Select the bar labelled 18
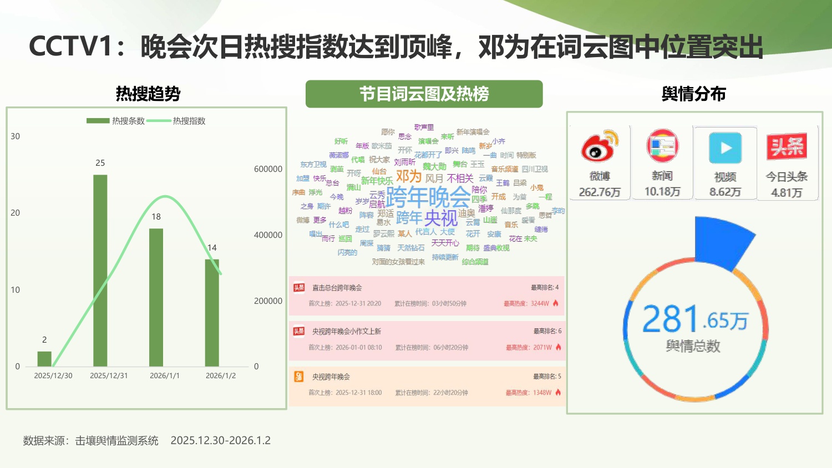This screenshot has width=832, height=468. pyautogui.click(x=156, y=297)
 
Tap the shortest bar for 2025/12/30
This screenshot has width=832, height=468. pyautogui.click(x=44, y=359)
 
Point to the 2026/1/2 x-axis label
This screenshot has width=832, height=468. pyautogui.click(x=221, y=375)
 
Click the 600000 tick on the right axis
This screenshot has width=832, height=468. pyautogui.click(x=268, y=169)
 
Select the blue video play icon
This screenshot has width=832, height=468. pyautogui.click(x=725, y=148)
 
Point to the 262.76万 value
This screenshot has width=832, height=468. pyautogui.click(x=600, y=192)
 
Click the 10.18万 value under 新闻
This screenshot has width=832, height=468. pyautogui.click(x=662, y=192)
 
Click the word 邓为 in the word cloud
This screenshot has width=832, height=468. pyautogui.click(x=409, y=176)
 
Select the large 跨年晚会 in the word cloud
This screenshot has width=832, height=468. pyautogui.click(x=428, y=196)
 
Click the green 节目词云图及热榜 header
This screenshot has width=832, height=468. pyautogui.click(x=424, y=94)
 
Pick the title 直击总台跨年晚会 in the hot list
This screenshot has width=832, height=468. pyautogui.click(x=337, y=288)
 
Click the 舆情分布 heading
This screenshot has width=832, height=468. pyautogui.click(x=694, y=94)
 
